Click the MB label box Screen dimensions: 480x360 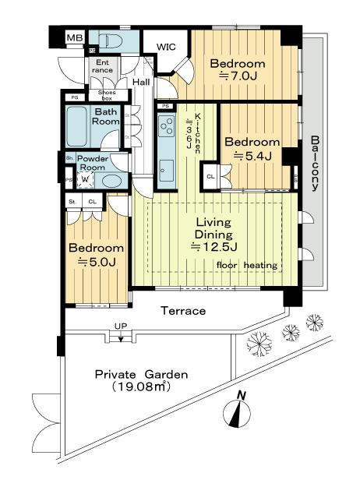(x=75, y=38)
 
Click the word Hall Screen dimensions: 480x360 (x=141, y=82)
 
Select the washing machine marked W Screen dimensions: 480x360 (x=84, y=178)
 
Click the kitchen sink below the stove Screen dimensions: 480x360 (x=166, y=167)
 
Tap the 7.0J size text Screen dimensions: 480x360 (x=237, y=76)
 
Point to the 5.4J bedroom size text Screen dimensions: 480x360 (x=252, y=156)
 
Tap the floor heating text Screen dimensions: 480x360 (x=247, y=266)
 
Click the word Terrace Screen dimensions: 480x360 (x=183, y=311)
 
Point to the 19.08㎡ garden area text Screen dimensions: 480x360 (x=141, y=386)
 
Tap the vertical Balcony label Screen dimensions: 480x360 (x=316, y=163)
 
